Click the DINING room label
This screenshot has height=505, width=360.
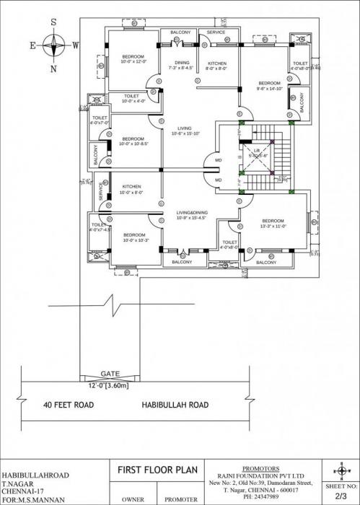pyautogui.click(x=181, y=63)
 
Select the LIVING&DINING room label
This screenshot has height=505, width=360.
pyautogui.click(x=191, y=213)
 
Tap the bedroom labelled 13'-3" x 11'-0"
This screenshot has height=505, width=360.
pyautogui.click(x=273, y=221)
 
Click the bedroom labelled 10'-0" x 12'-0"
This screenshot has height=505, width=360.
pyautogui.click(x=133, y=56)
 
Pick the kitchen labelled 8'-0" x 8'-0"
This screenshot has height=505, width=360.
pyautogui.click(x=216, y=63)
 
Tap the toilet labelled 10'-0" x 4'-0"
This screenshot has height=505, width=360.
pyautogui.click(x=131, y=97)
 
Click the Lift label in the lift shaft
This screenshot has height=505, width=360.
pyautogui.click(x=256, y=151)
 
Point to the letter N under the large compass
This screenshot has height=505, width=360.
pyautogui.click(x=53, y=69)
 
